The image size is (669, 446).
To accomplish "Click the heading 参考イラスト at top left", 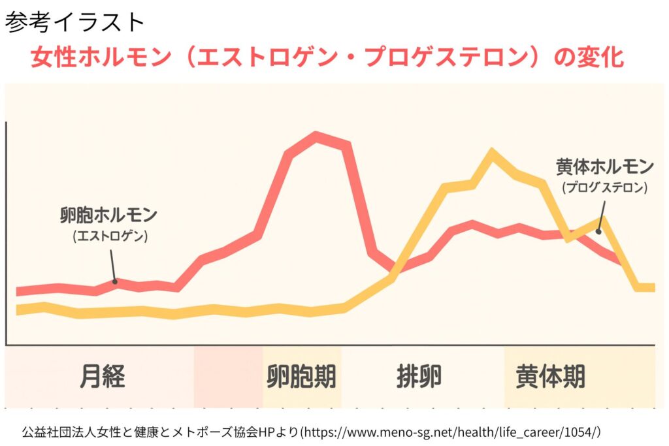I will pyautogui.click(x=74, y=22).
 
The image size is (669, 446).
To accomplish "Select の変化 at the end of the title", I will pyautogui.click(x=588, y=58).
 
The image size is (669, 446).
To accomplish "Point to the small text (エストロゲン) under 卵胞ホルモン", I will pyautogui.click(x=110, y=236).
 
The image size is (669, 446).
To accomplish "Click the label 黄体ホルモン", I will pyautogui.click(x=604, y=167).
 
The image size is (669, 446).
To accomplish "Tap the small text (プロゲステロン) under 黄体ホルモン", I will pyautogui.click(x=604, y=187).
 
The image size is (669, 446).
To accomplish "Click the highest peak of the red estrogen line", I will pyautogui.click(x=316, y=137).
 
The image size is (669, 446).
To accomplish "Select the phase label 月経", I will pyautogui.click(x=103, y=377).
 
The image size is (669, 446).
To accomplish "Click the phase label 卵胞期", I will pyautogui.click(x=301, y=377).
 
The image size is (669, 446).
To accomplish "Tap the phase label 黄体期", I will pyautogui.click(x=550, y=377).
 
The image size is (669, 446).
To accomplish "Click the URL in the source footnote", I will pyautogui.click(x=453, y=432).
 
